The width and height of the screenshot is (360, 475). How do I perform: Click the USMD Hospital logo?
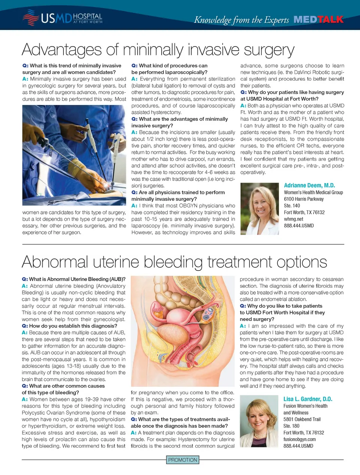[62, 18]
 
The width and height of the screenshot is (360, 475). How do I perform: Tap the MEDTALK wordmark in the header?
[318, 20]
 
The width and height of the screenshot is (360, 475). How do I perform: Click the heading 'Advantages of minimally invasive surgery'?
[158, 50]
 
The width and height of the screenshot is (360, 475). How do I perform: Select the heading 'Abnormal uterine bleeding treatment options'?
[174, 262]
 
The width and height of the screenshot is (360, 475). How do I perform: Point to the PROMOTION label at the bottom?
[183, 460]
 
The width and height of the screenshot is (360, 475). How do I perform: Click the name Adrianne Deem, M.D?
[309, 185]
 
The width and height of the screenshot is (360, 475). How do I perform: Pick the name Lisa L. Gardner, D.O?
[308, 399]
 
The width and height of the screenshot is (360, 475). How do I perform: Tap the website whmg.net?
[294, 219]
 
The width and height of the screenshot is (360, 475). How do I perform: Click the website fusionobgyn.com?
[300, 439]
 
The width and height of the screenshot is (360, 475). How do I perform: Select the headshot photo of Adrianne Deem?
[259, 209]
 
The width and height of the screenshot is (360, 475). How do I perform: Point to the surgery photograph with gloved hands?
[74, 155]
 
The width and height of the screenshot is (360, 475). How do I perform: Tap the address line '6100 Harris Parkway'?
[304, 199]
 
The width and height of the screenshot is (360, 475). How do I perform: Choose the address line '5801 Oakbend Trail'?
[302, 419]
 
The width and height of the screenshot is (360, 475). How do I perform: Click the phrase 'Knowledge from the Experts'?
[241, 20]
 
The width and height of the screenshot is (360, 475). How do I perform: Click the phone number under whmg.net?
[299, 226]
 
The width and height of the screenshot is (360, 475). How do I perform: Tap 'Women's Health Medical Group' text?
[313, 192]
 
